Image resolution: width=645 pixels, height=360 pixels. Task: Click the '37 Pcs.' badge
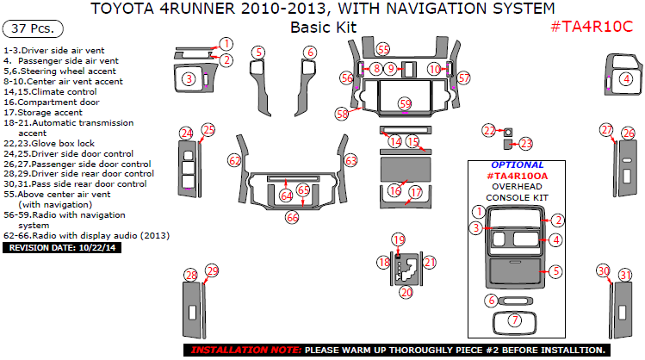tap(33, 29)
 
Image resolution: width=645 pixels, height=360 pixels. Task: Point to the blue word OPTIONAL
tap(517, 164)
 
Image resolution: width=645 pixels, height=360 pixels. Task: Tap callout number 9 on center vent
tap(390, 68)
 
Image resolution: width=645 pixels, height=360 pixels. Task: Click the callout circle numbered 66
tap(292, 218)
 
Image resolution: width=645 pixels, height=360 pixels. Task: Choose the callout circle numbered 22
tap(489, 130)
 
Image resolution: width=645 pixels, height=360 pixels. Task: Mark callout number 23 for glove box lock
tap(526, 144)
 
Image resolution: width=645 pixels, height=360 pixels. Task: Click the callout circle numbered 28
tap(191, 275)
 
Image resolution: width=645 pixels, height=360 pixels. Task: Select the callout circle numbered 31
tap(626, 276)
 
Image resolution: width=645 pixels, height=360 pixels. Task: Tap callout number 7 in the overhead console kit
tap(515, 320)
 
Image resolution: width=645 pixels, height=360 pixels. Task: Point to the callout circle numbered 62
tap(234, 160)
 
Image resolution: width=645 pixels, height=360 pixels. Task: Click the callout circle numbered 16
tap(394, 189)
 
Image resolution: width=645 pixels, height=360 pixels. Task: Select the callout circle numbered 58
tap(342, 113)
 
